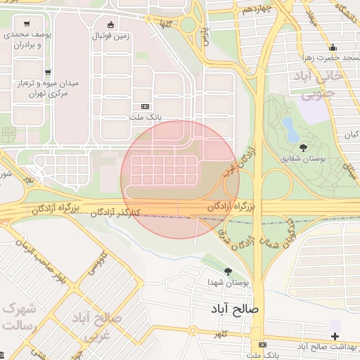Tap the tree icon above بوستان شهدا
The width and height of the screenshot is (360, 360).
pyautogui.click(x=227, y=271)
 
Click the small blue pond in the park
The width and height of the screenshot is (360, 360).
pyautogui.click(x=289, y=128)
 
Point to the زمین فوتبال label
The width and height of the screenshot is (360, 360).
pyautogui.click(x=110, y=34)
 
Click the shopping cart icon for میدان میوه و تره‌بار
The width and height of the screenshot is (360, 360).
pyautogui.click(x=48, y=72)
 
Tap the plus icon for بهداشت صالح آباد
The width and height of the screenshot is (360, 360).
pyautogui.click(x=335, y=336)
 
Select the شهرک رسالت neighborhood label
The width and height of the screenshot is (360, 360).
pyautogui.click(x=19, y=317)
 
